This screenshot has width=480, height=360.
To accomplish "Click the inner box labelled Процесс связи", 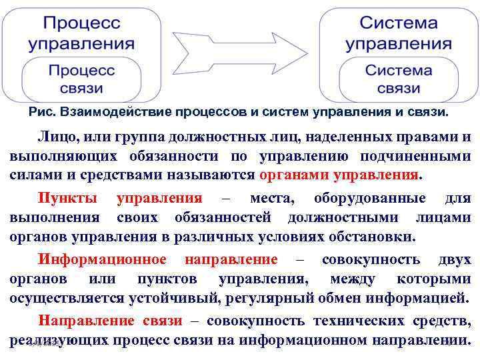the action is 81,79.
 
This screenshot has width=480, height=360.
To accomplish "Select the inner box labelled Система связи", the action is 399,79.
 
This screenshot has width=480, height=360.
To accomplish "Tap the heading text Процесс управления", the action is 81,33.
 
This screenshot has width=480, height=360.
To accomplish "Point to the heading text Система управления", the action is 399,33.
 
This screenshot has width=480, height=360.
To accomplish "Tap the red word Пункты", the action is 68,198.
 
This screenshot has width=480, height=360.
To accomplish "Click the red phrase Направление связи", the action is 110,321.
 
